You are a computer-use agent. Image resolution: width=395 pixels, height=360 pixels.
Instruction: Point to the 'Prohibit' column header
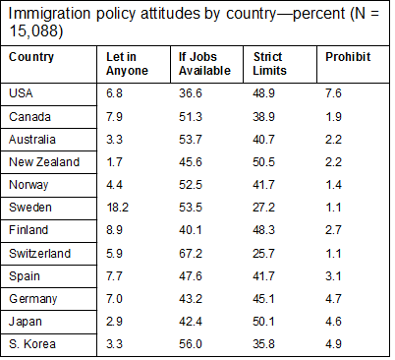pyautogui.click(x=348, y=56)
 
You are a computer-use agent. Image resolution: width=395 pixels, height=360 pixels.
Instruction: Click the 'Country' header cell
pyautogui.click(x=31, y=56)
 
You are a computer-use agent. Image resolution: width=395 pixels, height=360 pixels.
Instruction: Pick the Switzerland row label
pyautogui.click(x=39, y=253)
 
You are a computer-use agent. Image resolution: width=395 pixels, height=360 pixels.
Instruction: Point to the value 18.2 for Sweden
pyautogui.click(x=119, y=207)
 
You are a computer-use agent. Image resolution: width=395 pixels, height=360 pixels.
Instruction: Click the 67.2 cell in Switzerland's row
pyautogui.click(x=191, y=253)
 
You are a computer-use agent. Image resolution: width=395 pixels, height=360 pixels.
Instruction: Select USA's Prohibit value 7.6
pyautogui.click(x=334, y=92)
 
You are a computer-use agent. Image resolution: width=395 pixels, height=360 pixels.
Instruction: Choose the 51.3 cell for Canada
pyautogui.click(x=191, y=116)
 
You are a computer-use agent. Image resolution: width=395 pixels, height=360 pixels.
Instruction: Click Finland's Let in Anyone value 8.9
pyautogui.click(x=116, y=229)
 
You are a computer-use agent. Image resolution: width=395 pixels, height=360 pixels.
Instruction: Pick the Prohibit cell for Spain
pyautogui.click(x=334, y=275)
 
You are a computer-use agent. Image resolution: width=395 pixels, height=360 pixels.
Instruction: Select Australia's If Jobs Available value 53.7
pyautogui.click(x=191, y=139)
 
